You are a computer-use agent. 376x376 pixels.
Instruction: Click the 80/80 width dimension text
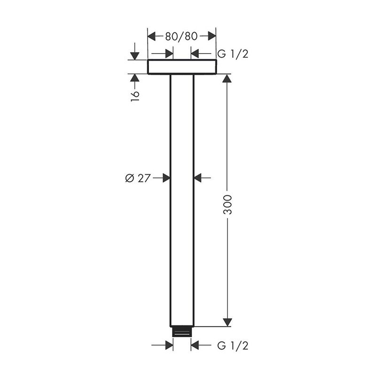181,36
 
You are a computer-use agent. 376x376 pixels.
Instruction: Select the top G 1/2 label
233,54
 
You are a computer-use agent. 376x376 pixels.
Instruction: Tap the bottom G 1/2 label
233,346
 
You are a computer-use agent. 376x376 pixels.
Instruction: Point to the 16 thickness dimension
135,96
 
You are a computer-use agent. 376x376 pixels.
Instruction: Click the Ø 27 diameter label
138,178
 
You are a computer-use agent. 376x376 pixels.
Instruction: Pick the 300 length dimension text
227,205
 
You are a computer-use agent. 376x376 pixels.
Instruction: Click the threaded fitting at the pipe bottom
182,331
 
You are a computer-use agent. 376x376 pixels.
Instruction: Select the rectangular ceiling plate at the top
182,67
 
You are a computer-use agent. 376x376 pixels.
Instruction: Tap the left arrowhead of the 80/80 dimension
151,36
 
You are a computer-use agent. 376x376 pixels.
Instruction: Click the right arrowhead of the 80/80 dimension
212,36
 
